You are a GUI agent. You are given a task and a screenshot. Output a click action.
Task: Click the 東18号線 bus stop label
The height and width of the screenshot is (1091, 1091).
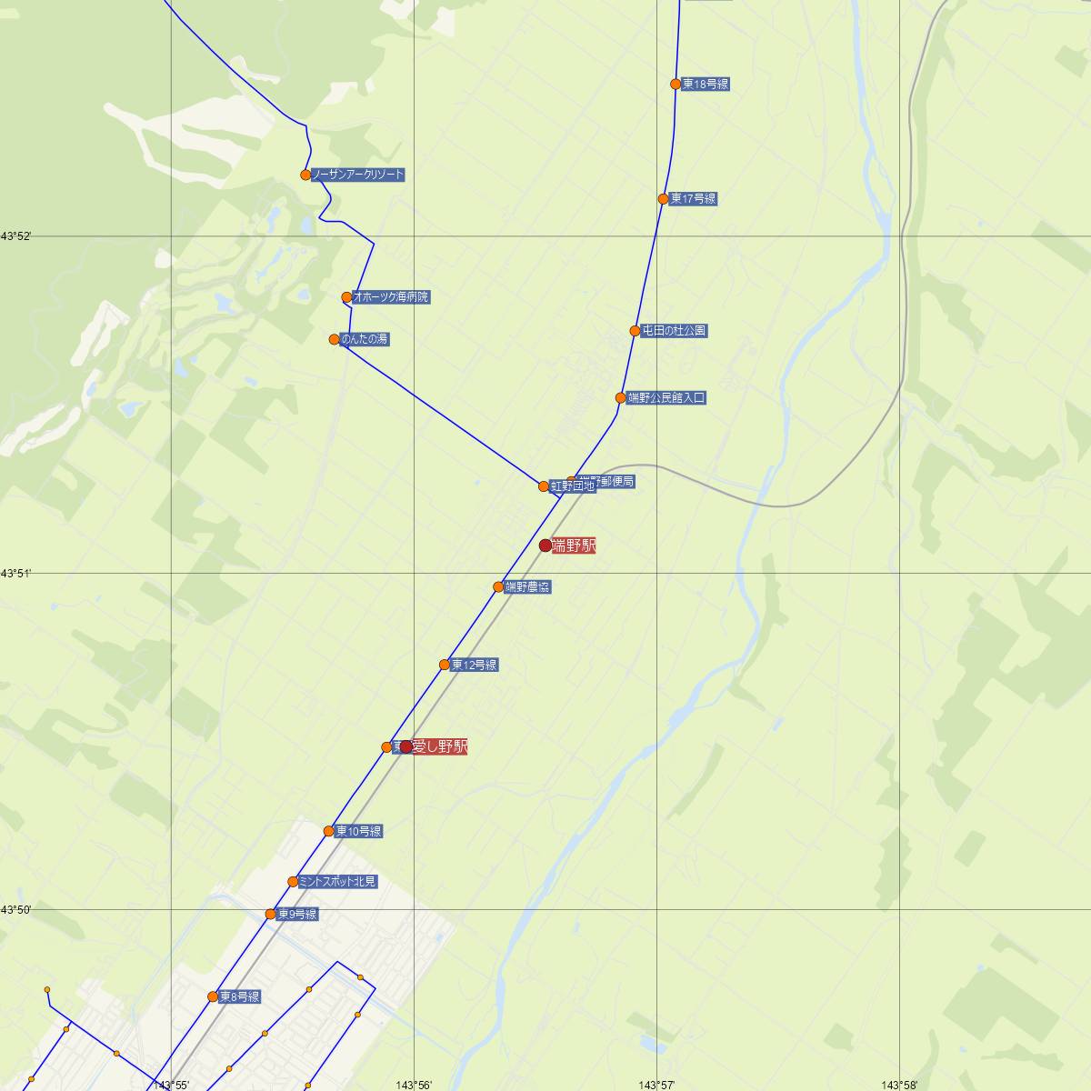[x=706, y=85]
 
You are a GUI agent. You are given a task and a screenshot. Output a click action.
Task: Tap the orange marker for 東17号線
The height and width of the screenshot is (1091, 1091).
[x=664, y=198]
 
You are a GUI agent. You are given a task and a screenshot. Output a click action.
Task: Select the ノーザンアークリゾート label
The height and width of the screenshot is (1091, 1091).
[x=358, y=175]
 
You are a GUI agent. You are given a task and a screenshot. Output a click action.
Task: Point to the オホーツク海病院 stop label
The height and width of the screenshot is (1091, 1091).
[x=391, y=297]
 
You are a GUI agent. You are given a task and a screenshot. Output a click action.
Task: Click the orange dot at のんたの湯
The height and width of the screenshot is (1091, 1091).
[x=335, y=339]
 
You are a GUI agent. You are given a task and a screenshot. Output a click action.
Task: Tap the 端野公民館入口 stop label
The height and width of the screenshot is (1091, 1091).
[x=666, y=398]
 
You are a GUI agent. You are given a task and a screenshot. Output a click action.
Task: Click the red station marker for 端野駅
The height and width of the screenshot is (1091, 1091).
[x=545, y=545]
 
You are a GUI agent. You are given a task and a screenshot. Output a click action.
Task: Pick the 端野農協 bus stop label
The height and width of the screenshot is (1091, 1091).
[x=527, y=587]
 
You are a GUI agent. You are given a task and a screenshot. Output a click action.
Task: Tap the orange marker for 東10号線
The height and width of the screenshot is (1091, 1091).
[x=329, y=831]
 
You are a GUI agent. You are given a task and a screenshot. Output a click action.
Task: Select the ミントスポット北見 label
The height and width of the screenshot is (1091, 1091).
[x=337, y=882]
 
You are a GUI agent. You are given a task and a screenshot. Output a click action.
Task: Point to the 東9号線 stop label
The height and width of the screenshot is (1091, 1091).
[x=297, y=915]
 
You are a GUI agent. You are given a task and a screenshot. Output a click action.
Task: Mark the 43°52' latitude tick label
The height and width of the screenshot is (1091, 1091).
[x=16, y=236]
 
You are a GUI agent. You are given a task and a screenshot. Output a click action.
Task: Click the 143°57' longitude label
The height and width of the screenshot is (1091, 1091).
[x=656, y=1085]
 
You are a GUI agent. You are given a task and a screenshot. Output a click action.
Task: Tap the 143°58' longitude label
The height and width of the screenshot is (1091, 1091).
[x=898, y=1085]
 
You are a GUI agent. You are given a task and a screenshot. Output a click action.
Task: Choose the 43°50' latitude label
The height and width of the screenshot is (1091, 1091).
[x=16, y=909]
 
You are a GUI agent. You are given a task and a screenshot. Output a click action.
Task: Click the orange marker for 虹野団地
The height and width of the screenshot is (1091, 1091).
[x=544, y=486]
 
